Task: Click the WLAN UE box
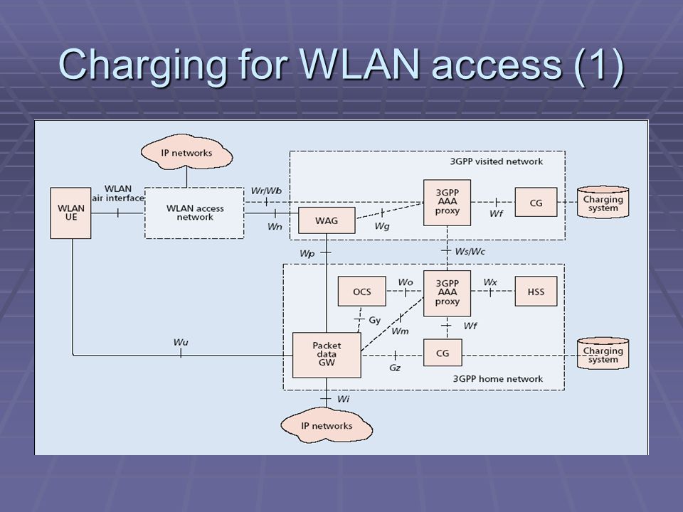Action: (70, 213)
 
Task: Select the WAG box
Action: (327, 220)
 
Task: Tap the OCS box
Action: (362, 292)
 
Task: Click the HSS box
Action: (536, 292)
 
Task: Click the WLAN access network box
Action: (194, 213)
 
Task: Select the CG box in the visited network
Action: (536, 203)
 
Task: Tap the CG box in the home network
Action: (443, 353)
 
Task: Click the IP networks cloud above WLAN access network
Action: (186, 152)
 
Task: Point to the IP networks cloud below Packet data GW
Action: (327, 425)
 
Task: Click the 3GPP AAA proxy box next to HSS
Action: (448, 293)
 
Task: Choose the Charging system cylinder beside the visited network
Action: (603, 203)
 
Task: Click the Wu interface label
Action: (181, 342)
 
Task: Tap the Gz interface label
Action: (395, 368)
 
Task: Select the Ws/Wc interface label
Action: (470, 252)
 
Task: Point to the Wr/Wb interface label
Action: (266, 191)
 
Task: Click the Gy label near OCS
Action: (375, 321)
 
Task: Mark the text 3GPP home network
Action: (498, 379)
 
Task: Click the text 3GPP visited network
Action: (497, 161)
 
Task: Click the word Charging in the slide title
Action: (142, 65)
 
